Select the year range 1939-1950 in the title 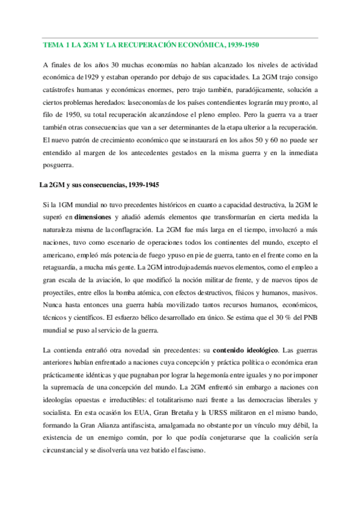tap(241, 46)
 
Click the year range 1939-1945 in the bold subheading tap(139, 183)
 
